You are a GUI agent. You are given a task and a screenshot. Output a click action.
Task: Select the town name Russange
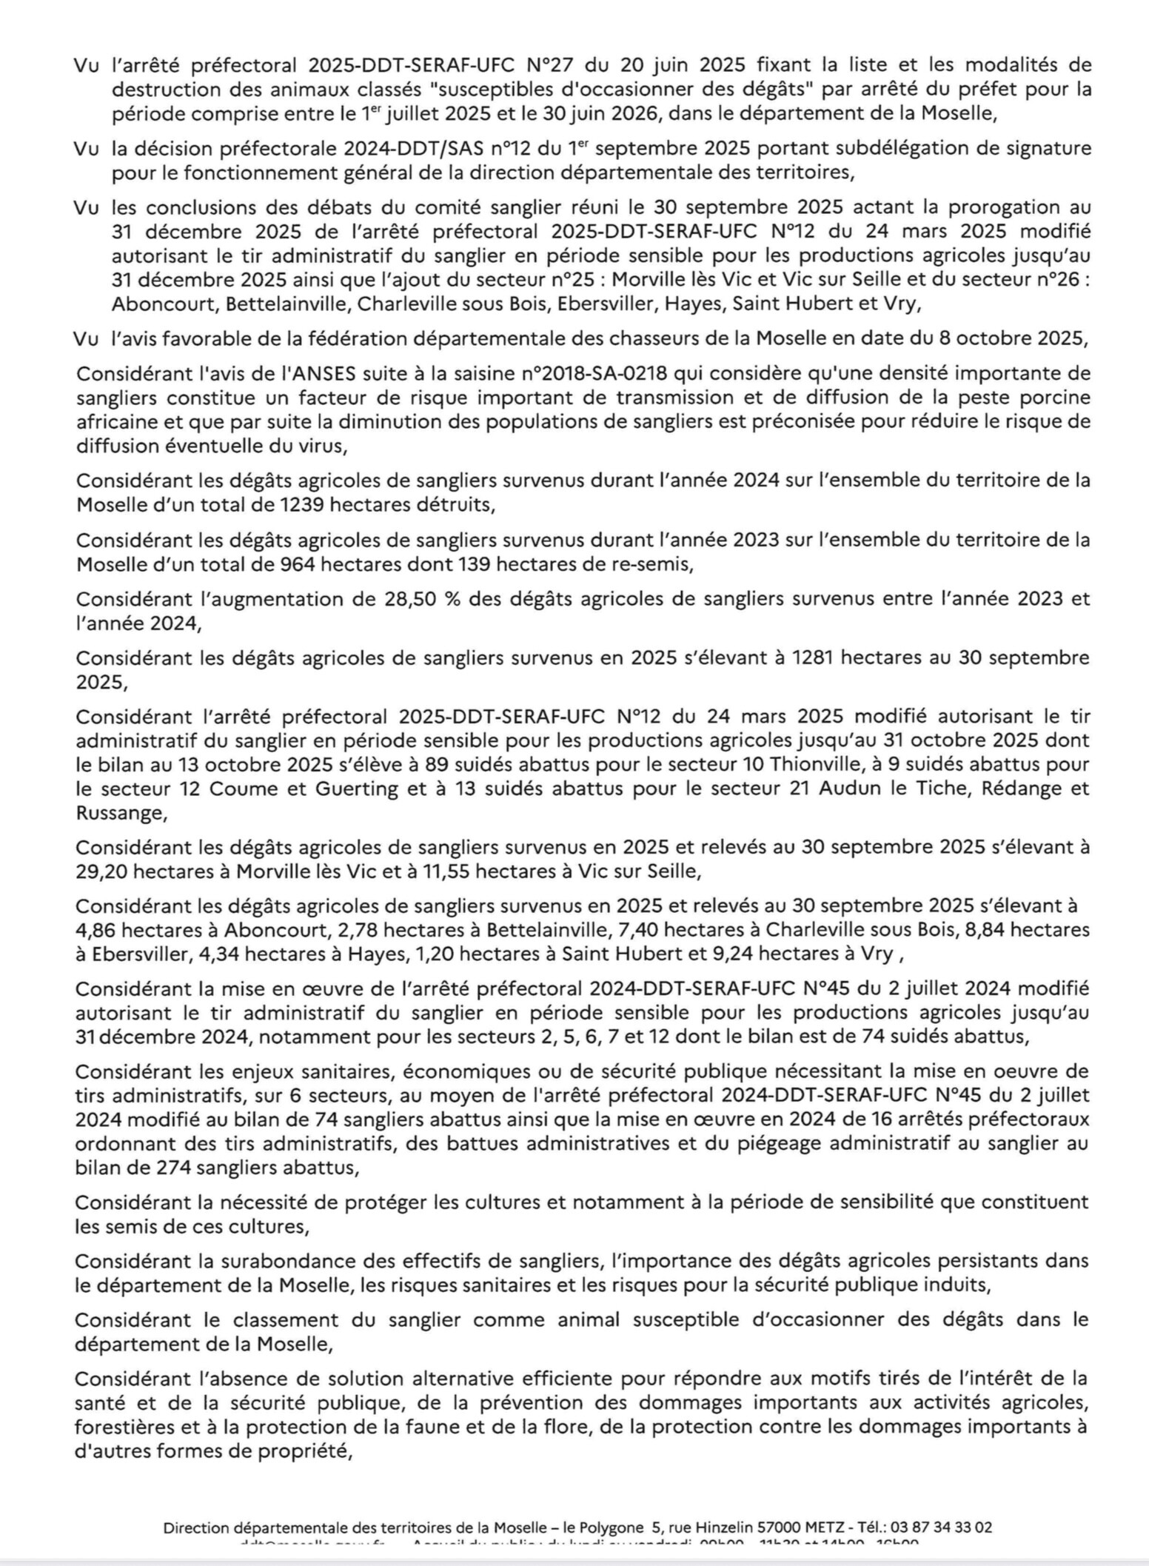click(119, 813)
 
